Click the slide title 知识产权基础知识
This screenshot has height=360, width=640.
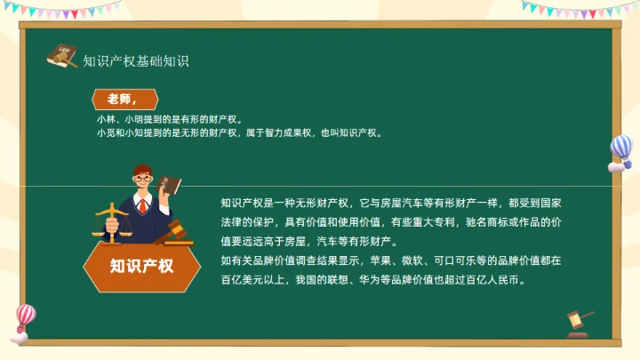(x=136, y=61)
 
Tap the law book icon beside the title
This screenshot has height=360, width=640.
(x=62, y=56)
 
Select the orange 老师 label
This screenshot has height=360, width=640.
(x=124, y=98)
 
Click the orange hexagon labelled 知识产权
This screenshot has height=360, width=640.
(x=141, y=265)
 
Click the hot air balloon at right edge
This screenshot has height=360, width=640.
(x=620, y=152)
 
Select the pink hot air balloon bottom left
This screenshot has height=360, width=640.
(x=25, y=320)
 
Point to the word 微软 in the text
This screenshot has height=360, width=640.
(x=412, y=261)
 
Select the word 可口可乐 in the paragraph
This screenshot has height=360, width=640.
(x=454, y=261)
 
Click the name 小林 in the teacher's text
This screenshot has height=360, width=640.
(x=106, y=118)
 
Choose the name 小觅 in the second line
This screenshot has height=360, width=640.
(x=106, y=132)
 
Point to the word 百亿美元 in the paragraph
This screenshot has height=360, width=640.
(x=242, y=279)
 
